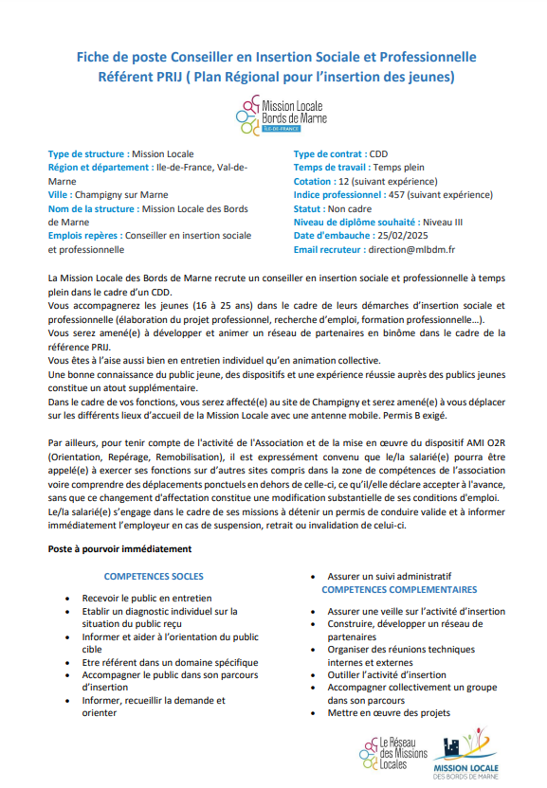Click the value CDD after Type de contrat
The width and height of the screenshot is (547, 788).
coord(378,153)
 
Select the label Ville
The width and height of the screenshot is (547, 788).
coord(59,195)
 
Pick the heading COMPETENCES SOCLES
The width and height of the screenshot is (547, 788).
coord(154,576)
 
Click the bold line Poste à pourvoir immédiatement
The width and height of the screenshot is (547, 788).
coord(119,548)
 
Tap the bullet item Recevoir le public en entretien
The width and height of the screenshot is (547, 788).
coord(147,599)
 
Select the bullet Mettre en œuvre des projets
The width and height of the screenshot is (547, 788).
coord(389,713)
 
